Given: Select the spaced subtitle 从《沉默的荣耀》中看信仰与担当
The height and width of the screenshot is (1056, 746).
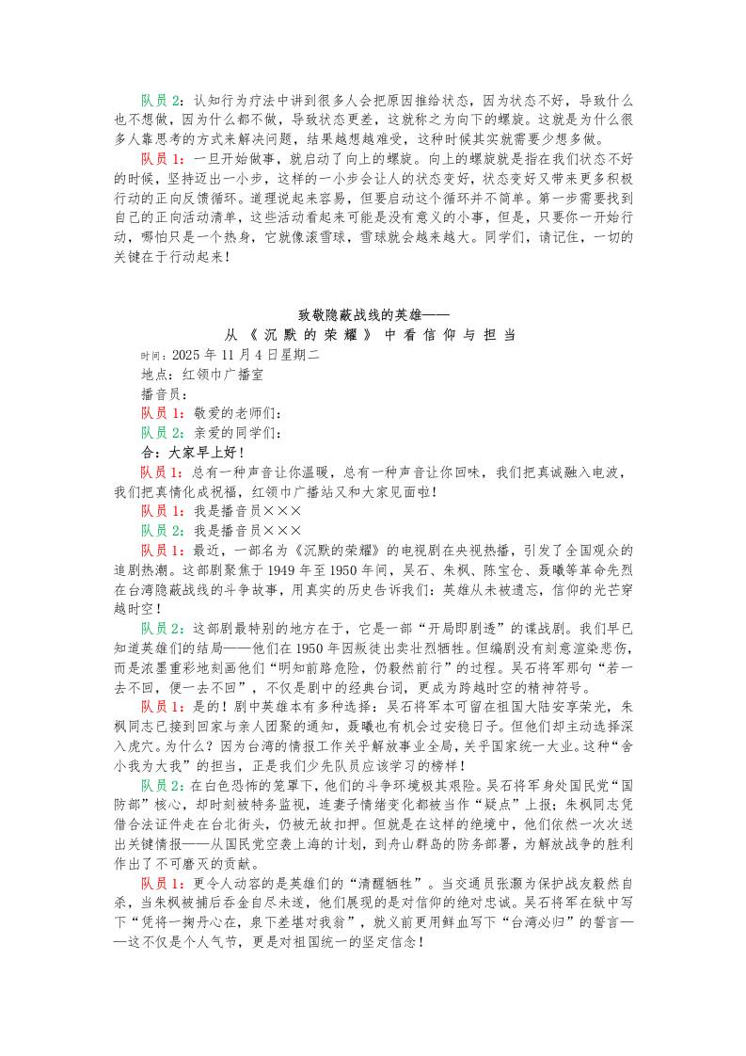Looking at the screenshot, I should [372, 337].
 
